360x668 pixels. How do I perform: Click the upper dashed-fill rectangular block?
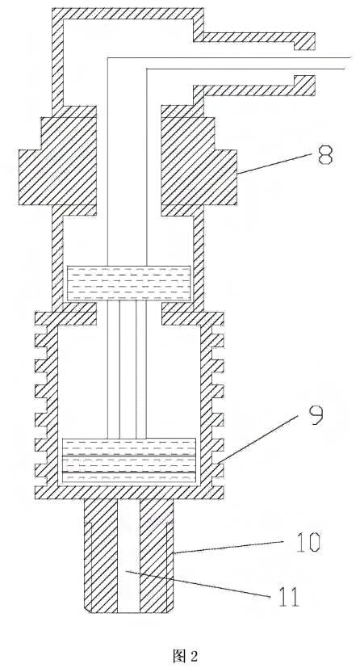128,283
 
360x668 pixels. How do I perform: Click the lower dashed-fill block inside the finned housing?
129,461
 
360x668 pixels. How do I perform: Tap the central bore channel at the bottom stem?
128,556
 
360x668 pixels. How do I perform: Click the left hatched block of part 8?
57,161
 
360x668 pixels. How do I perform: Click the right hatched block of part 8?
199,161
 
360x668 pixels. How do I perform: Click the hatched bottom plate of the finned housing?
129,493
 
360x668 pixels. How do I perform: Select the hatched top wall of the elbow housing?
128,14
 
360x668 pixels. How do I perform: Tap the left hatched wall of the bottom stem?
101,556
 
